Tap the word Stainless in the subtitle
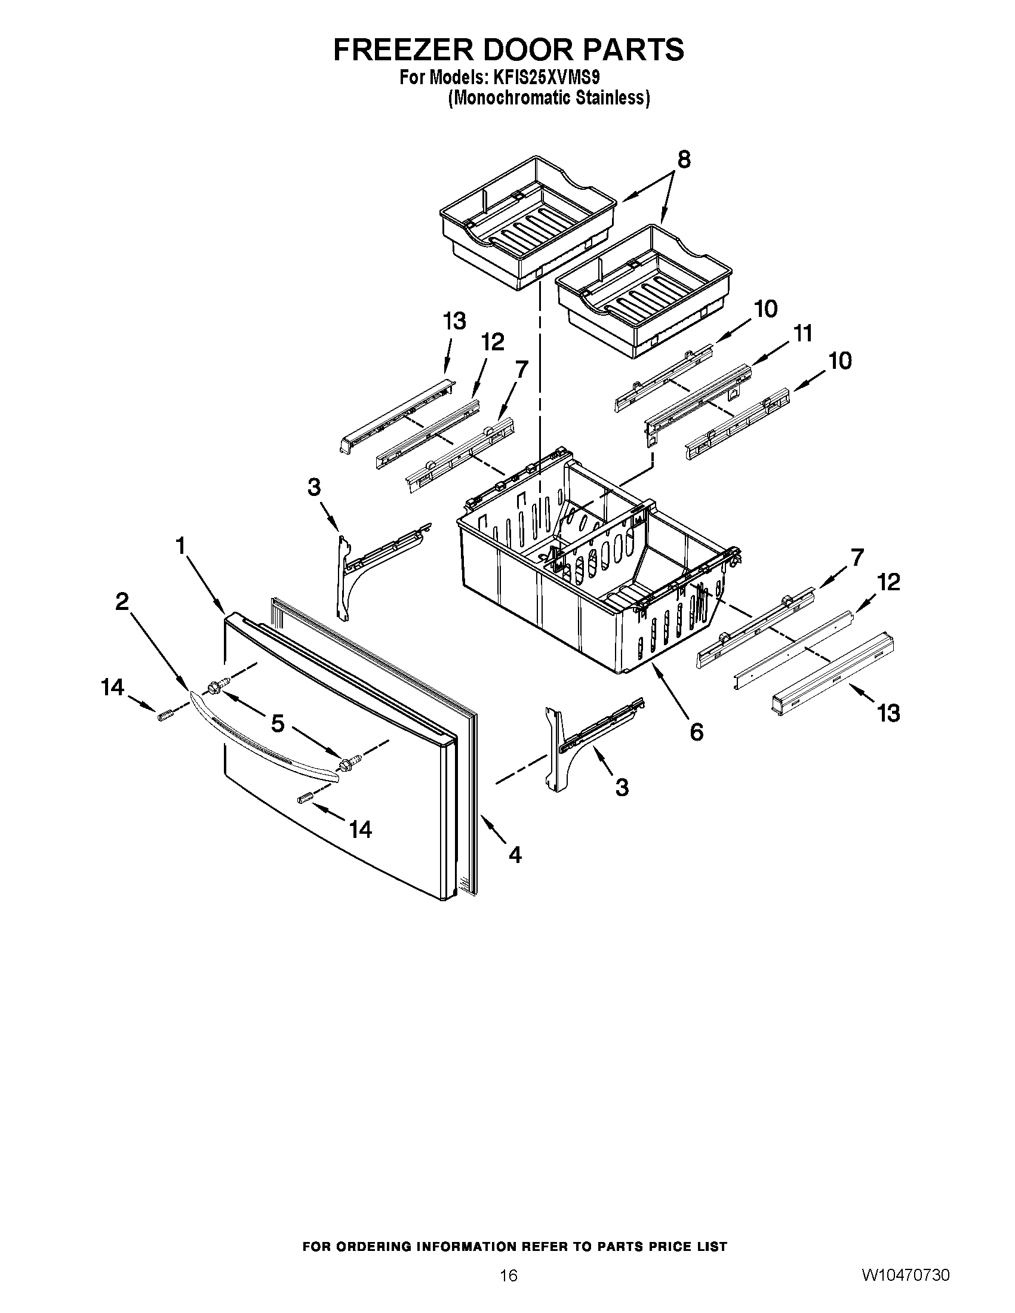point(608,98)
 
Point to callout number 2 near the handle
point(122,601)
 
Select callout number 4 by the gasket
point(515,854)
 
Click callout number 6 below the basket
point(696,732)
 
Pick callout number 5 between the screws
point(277,724)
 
